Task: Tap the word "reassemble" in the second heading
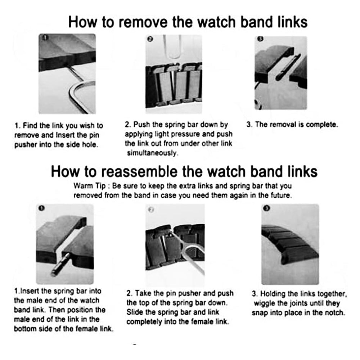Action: [139, 172]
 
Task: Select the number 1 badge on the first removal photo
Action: [45, 37]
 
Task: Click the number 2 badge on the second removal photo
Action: [150, 39]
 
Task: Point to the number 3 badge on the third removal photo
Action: [260, 39]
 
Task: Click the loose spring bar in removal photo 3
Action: [288, 67]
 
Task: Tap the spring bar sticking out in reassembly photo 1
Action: [60, 264]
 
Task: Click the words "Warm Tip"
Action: [89, 186]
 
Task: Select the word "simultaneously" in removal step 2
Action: [152, 153]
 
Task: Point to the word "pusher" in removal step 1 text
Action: [26, 145]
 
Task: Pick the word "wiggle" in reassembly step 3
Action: [264, 303]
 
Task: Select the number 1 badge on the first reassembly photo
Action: [41, 208]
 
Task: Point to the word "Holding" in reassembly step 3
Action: [273, 294]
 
